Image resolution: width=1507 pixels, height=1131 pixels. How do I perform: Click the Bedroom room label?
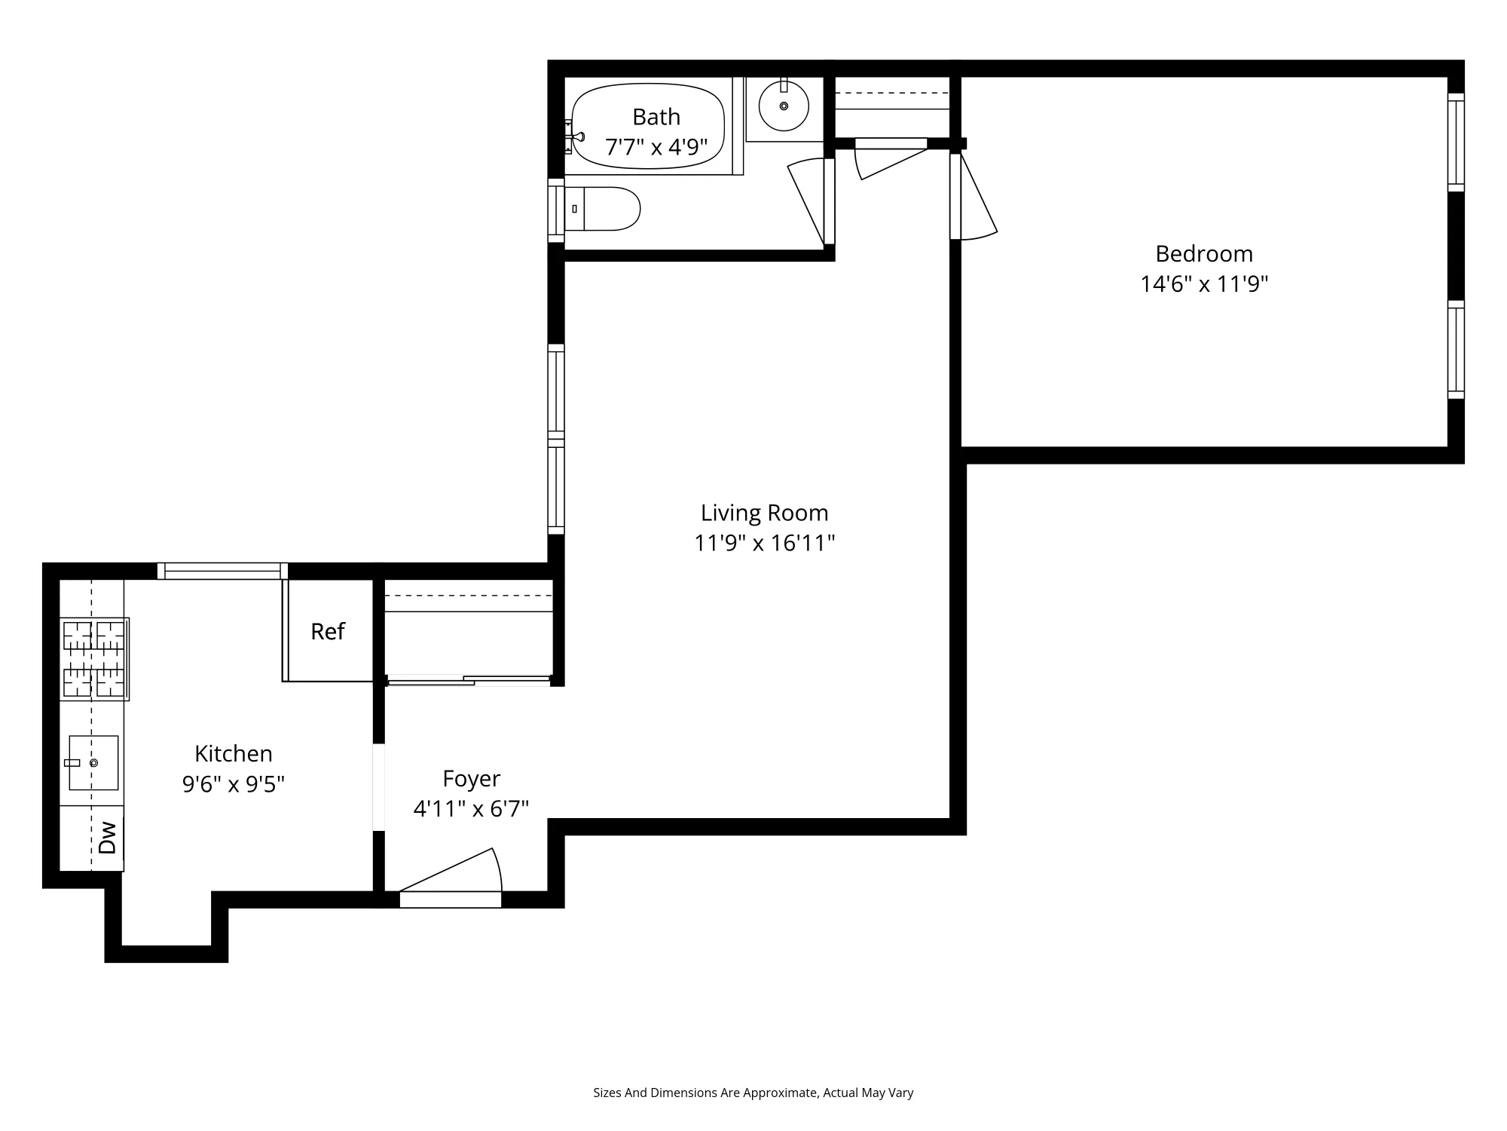tap(1203, 253)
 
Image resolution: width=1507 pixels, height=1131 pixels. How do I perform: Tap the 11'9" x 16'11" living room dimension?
tap(764, 543)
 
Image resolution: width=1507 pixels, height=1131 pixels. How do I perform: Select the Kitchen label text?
tap(233, 753)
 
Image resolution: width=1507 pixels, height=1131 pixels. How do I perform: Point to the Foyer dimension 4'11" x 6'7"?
tap(471, 809)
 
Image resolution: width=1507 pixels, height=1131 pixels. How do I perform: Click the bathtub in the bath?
tap(648, 127)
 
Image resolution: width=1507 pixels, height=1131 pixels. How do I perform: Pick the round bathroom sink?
tap(784, 106)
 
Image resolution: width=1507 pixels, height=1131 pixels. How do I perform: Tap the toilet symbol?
tap(603, 209)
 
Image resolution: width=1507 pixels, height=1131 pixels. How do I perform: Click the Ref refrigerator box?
tap(328, 631)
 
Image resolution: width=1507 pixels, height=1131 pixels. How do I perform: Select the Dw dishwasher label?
tap(108, 837)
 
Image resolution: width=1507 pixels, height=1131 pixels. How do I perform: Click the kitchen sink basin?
tap(93, 762)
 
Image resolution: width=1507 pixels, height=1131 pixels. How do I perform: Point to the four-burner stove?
tap(94, 659)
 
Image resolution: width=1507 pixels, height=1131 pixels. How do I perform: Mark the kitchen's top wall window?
tap(222, 572)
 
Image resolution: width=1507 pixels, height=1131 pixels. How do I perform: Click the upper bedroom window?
tap(1456, 142)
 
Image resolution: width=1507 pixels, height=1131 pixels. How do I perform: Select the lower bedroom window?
tap(1456, 349)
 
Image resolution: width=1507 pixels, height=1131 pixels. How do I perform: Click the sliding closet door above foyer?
tap(469, 681)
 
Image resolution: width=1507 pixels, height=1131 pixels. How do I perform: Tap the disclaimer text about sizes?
tap(753, 1093)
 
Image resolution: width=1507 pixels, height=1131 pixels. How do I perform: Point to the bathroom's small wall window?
tap(556, 210)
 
